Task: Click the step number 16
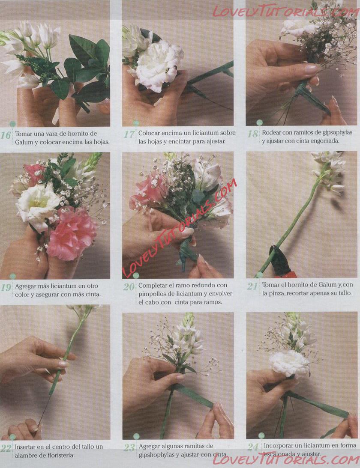pyautogui.click(x=6, y=135)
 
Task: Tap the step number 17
pyautogui.click(x=129, y=134)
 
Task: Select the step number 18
pyautogui.click(x=252, y=134)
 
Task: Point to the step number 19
pyautogui.click(x=6, y=287)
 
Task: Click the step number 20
pyautogui.click(x=129, y=287)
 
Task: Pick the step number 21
pyautogui.click(x=252, y=286)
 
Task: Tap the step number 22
pyautogui.click(x=6, y=448)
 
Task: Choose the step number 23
pyautogui.click(x=129, y=448)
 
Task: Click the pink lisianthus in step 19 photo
pyautogui.click(x=72, y=233)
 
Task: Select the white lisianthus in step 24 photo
pyautogui.click(x=289, y=364)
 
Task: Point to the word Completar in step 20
pyautogui.click(x=152, y=285)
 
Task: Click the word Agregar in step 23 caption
pyautogui.click(x=149, y=446)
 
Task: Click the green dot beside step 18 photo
pyautogui.click(x=259, y=122)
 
